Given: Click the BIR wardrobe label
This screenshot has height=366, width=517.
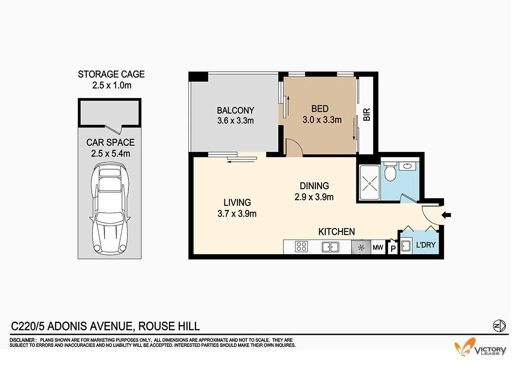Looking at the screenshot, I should pos(367,114).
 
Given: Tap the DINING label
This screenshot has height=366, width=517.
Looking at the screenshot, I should pos(315,186).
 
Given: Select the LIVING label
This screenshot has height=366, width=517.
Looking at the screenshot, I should pos(237,202).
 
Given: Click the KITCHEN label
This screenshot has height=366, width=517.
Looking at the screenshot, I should pos(336,232).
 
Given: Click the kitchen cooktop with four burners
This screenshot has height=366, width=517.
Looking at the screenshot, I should pos(301,247).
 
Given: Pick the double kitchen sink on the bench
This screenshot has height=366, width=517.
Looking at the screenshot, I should pos(330,247).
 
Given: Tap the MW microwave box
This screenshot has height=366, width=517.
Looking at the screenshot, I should pos(378,248).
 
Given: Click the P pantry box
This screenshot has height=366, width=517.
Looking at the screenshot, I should pos(392,249).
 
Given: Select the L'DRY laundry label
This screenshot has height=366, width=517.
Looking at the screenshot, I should pos(426,246).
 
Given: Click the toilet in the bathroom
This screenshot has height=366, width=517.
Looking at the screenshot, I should pos(389,172).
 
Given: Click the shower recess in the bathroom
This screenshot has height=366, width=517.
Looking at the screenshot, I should pos(369,183).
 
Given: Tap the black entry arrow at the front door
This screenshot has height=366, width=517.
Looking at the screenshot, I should pos(447,214).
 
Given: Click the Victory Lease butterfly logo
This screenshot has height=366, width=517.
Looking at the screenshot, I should pos(464,347).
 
